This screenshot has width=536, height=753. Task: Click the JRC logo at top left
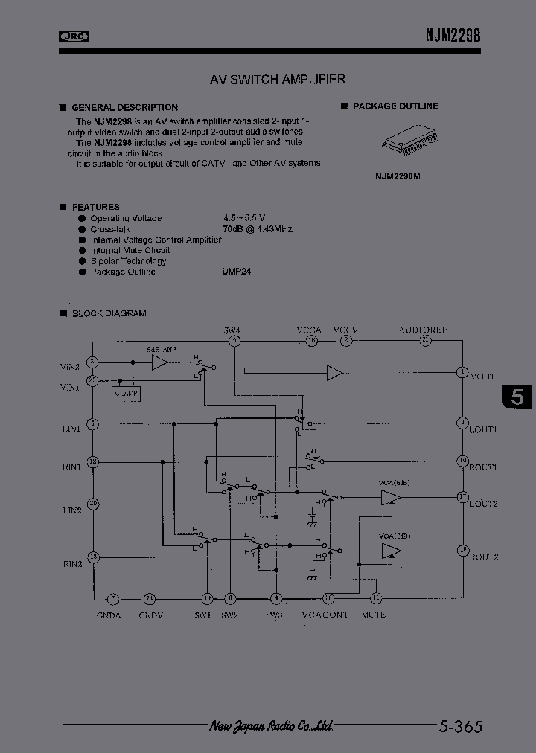(74, 36)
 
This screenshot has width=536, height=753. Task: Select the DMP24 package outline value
(236, 272)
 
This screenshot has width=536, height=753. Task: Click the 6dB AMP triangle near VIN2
(159, 362)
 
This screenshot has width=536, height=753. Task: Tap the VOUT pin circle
(462, 372)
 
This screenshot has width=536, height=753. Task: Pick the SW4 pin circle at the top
(233, 341)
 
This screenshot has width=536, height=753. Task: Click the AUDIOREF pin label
(423, 329)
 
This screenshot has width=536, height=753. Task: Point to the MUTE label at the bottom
(374, 615)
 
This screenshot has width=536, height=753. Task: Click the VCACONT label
(325, 615)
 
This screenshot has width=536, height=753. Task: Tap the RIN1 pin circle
(93, 462)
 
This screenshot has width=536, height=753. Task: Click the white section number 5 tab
(518, 397)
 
